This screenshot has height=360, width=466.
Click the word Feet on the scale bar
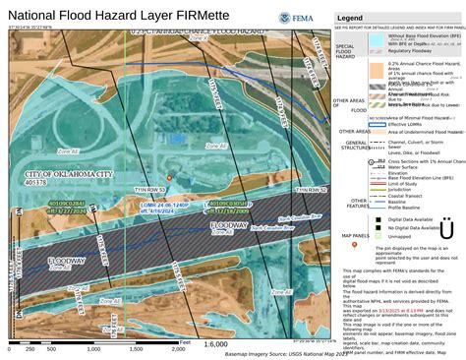click(x=184, y=342)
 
